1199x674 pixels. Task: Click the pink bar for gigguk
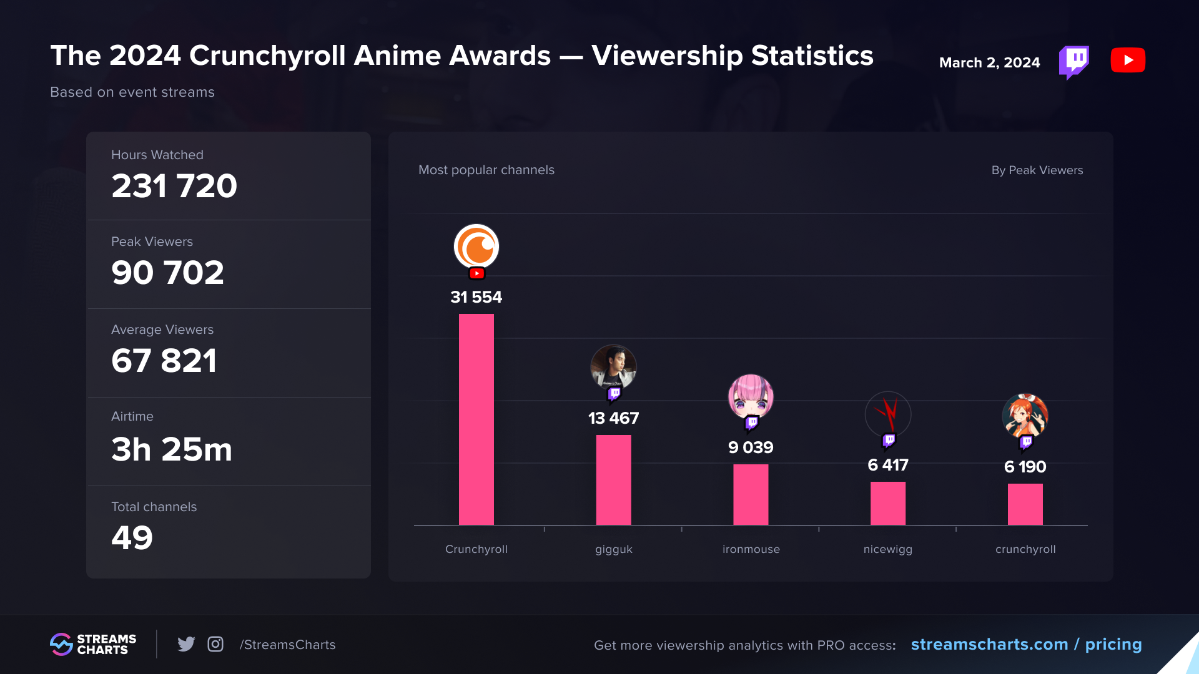tap(613, 480)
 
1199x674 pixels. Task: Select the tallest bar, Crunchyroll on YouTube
tap(476, 419)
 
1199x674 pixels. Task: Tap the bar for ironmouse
tap(751, 495)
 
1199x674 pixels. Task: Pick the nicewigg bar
tap(887, 504)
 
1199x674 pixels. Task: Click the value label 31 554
tap(476, 297)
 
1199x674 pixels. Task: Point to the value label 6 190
tap(1025, 467)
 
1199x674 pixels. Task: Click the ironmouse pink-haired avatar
tap(751, 397)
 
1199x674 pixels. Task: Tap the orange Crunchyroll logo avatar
tap(476, 247)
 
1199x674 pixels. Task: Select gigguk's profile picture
tap(613, 367)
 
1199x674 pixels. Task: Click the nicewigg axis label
tap(887, 549)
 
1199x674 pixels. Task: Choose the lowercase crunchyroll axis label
tap(1025, 549)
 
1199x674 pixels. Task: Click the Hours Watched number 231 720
tap(174, 186)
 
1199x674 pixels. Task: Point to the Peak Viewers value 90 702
tap(167, 273)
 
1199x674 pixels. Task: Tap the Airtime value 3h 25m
tap(172, 449)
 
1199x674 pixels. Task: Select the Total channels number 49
tap(132, 537)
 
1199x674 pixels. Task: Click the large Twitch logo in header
tap(1074, 62)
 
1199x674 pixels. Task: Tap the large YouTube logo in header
tap(1128, 61)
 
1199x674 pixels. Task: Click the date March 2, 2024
tap(989, 62)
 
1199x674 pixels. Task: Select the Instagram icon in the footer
tap(215, 644)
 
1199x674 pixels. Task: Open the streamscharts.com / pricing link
tap(1026, 644)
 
